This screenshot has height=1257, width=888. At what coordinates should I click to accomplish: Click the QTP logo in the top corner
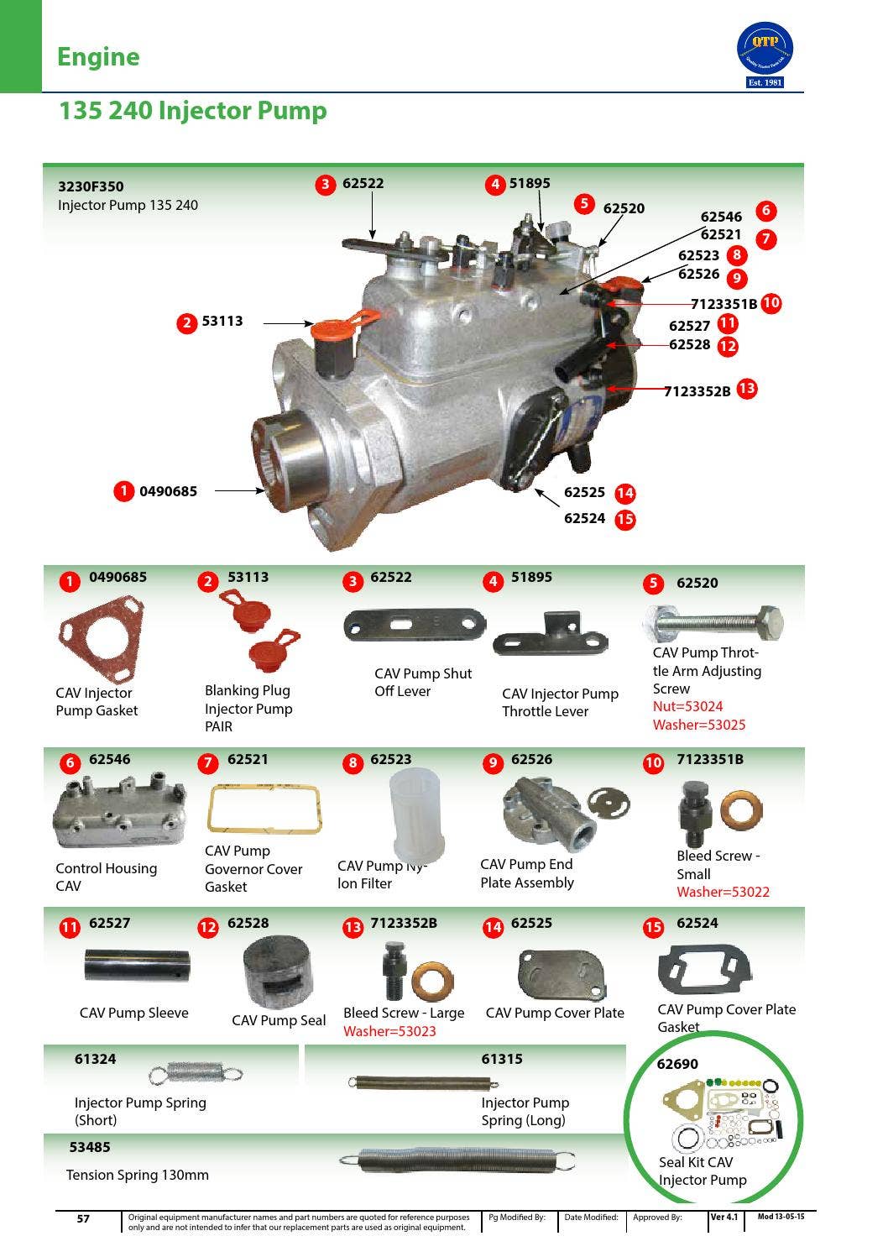click(764, 53)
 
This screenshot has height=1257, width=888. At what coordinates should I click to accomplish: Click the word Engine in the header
click(98, 57)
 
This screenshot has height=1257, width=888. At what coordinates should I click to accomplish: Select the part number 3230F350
click(91, 186)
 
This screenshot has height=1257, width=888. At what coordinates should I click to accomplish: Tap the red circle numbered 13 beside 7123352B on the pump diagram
click(746, 389)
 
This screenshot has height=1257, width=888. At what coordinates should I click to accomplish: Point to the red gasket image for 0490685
click(100, 638)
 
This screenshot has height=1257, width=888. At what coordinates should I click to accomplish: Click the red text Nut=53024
click(687, 706)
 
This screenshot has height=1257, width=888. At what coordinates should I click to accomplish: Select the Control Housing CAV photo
click(119, 812)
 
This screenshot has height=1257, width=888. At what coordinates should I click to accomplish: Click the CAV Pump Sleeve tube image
click(137, 965)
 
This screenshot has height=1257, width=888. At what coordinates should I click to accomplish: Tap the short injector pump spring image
click(195, 1072)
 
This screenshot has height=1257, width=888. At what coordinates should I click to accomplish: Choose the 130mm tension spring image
click(457, 1160)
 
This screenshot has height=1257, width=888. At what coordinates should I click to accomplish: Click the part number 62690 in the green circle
click(676, 1064)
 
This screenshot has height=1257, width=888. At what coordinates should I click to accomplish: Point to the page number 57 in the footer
click(83, 1218)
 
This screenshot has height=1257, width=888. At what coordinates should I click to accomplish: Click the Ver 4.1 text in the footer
click(724, 1217)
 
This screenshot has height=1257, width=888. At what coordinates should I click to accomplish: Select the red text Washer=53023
click(389, 1031)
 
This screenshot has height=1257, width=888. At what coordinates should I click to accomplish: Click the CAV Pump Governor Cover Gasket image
click(264, 809)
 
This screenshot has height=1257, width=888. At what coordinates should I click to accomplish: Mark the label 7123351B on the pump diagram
click(723, 304)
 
